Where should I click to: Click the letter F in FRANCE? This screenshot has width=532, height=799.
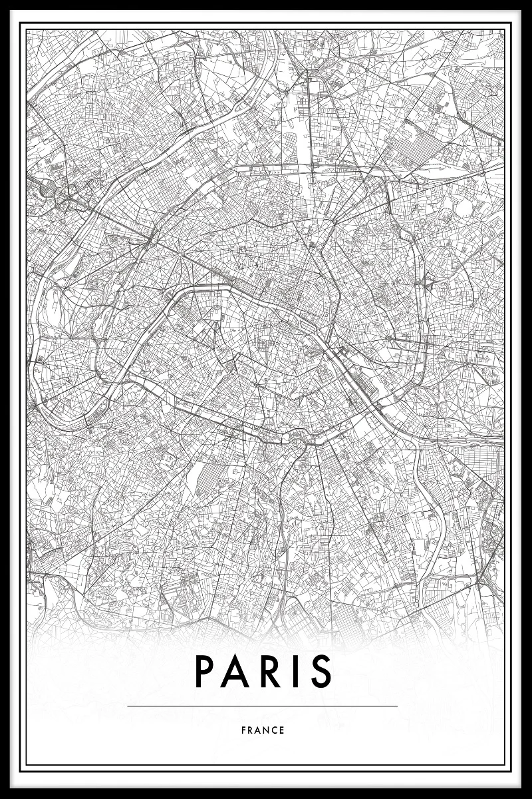point(244,730)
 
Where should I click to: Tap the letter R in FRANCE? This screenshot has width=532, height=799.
point(251,730)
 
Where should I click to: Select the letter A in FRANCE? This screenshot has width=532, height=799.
point(259,730)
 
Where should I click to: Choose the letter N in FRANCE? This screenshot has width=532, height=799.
point(267,730)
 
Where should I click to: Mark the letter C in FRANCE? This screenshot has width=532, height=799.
point(275,730)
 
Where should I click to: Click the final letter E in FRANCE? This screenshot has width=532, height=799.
point(283,730)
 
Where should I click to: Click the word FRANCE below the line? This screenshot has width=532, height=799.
point(263,730)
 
